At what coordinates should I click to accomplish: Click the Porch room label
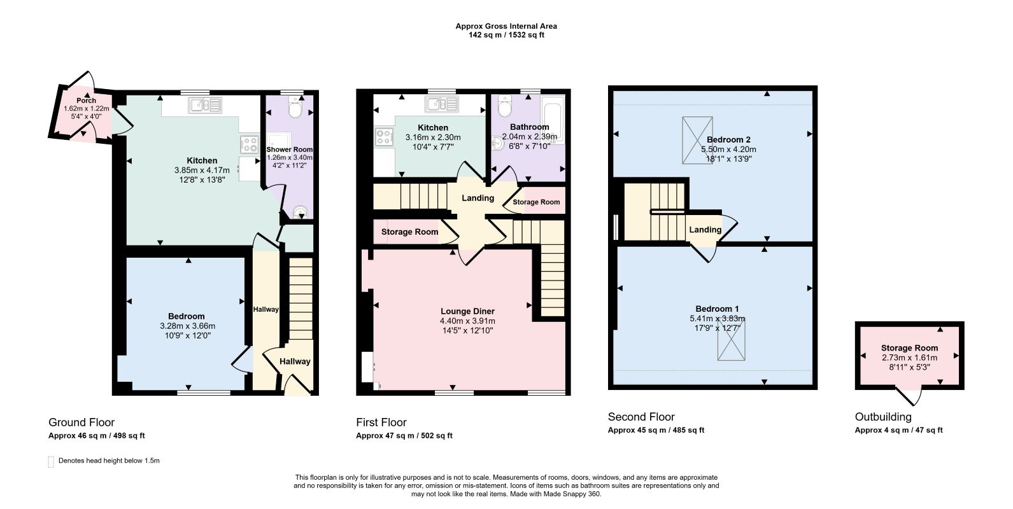[86, 101]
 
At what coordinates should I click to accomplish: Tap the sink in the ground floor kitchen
[206, 105]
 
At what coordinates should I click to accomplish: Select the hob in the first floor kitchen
[383, 137]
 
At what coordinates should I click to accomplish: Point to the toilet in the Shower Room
[296, 108]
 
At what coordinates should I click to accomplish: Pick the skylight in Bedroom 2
[697, 140]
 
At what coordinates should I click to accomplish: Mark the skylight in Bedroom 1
[732, 339]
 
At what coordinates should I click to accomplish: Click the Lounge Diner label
[467, 311]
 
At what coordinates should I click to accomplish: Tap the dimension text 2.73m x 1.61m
[909, 358]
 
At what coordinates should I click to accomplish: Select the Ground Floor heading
[81, 422]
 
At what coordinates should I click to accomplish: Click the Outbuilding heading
[883, 417]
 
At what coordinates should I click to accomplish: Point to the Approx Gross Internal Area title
[506, 26]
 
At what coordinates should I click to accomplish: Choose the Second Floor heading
[641, 417]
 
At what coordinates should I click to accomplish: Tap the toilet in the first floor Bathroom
[505, 107]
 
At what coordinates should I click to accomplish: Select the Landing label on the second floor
[705, 230]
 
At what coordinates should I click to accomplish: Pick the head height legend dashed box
[51, 461]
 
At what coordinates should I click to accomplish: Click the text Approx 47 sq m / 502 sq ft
[404, 436]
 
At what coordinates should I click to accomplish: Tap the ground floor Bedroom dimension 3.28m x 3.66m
[188, 326]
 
